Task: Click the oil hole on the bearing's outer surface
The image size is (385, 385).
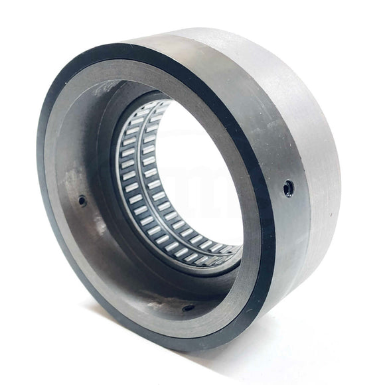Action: point(287,188)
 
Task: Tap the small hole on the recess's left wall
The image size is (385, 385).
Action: point(82,200)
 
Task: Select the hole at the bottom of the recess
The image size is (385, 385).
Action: point(189,307)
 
